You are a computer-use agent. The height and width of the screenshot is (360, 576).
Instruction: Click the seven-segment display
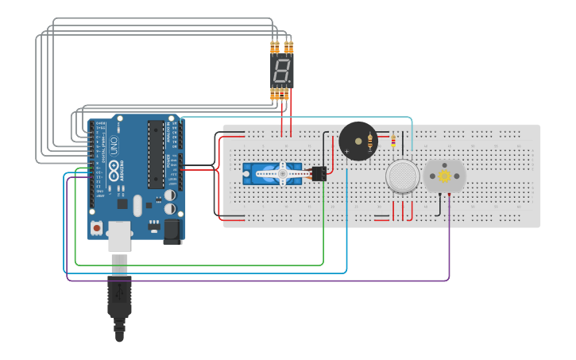[x=281, y=72]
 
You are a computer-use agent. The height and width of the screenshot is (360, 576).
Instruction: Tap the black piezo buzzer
[x=358, y=141]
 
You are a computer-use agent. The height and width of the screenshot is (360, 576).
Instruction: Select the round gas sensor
[x=403, y=176]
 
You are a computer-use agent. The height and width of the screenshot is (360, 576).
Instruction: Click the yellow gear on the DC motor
[x=445, y=176]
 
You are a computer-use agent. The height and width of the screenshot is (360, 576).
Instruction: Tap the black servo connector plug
[x=319, y=173]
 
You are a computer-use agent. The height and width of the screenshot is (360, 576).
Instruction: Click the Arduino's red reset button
[x=97, y=228]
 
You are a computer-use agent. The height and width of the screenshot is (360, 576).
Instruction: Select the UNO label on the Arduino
[x=113, y=148]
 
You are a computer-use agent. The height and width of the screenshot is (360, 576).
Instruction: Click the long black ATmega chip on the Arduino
[x=155, y=155]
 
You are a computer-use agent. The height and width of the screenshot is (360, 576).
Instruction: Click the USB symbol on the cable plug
[x=119, y=292]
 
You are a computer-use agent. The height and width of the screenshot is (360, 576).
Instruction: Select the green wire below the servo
[x=238, y=265]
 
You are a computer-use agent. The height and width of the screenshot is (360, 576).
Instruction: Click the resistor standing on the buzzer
[x=370, y=142]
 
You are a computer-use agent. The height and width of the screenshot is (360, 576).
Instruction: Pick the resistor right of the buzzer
[x=392, y=141]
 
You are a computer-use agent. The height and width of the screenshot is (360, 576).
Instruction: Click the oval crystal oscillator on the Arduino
[x=137, y=207]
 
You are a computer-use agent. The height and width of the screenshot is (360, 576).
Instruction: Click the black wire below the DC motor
[x=439, y=205]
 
